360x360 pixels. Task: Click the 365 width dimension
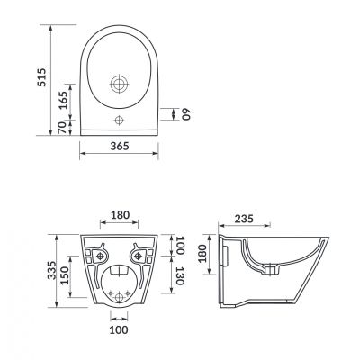tap(121, 147)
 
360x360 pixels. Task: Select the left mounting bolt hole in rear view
tap(101, 251)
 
